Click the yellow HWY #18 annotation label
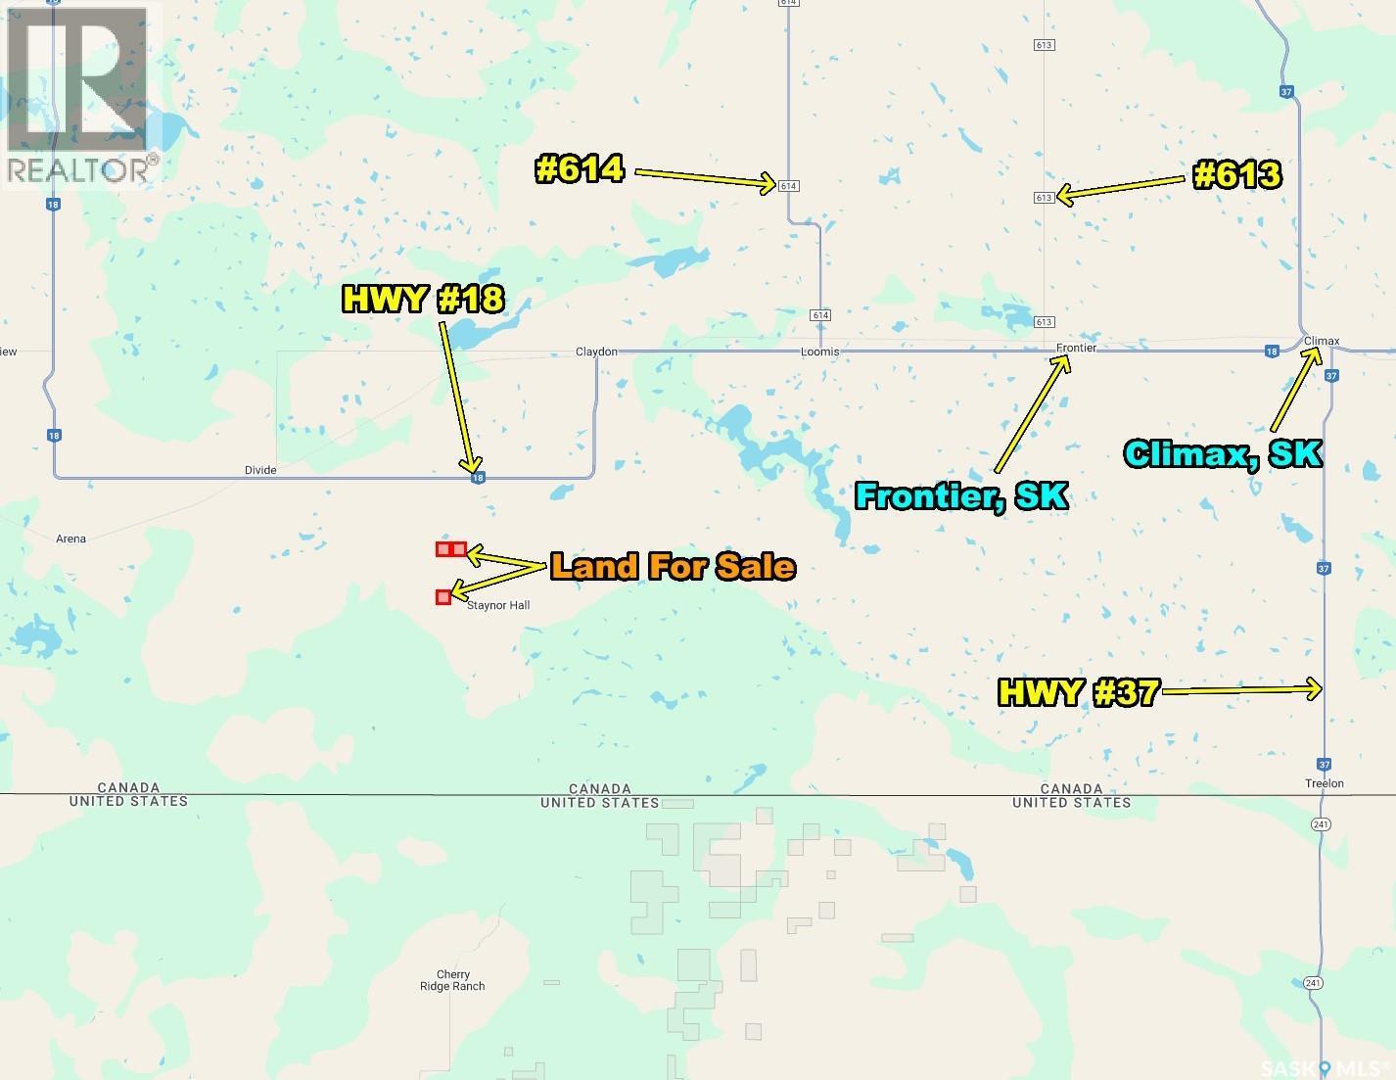click(x=422, y=299)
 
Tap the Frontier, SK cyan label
click(x=961, y=495)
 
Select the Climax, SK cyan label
click(x=1224, y=453)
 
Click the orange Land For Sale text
click(x=672, y=567)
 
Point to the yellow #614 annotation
click(x=580, y=169)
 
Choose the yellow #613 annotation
click(x=1237, y=175)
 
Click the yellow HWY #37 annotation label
click(x=1078, y=693)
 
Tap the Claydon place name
click(x=596, y=352)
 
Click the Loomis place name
click(x=820, y=352)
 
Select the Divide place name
click(x=260, y=470)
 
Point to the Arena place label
click(x=71, y=539)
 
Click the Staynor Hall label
click(x=498, y=605)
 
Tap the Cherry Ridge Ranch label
click(x=453, y=980)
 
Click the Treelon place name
click(x=1325, y=783)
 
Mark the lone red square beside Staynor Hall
click(x=443, y=596)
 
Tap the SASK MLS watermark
click(x=1326, y=1066)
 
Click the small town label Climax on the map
click(x=1322, y=341)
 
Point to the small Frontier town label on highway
click(x=1076, y=348)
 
